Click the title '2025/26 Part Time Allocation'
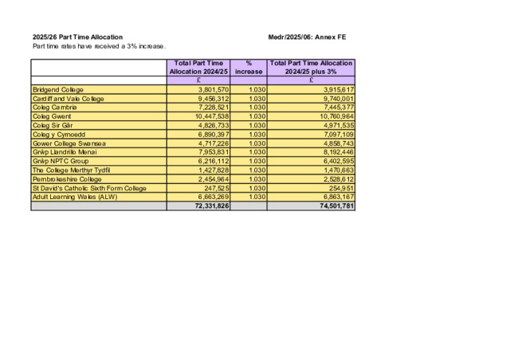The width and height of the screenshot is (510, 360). (77, 37)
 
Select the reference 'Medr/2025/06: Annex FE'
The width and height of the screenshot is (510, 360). (308, 37)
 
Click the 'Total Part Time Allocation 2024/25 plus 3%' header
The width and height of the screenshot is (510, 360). (311, 67)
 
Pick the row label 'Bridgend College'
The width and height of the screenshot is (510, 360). (57, 90)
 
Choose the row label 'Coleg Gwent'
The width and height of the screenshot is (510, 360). (52, 116)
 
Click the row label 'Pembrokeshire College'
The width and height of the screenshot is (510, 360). (67, 179)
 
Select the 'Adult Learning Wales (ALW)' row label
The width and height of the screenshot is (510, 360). (74, 197)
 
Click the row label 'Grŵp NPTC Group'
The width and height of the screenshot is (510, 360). (61, 161)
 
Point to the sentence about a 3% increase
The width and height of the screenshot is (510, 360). (99, 46)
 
